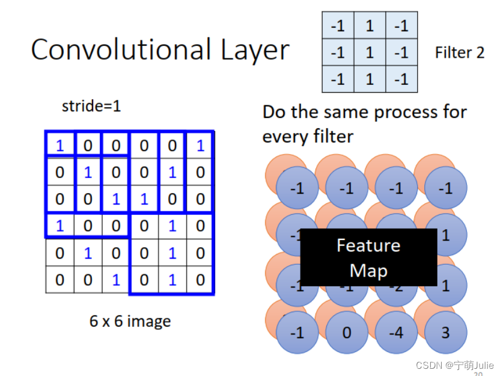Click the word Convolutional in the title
[114, 50]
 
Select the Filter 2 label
[459, 53]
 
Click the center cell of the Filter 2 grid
[370, 52]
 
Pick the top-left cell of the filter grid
[338, 26]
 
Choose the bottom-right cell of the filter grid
[401, 79]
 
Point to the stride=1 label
[91, 106]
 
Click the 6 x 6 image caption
[130, 321]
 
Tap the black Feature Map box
[368, 257]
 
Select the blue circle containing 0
[347, 333]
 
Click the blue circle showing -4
[397, 333]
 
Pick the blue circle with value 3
[445, 333]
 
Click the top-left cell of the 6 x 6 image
[59, 145]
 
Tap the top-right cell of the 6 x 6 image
[200, 145]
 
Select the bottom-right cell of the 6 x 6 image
[200, 280]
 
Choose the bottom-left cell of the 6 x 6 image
[59, 280]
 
